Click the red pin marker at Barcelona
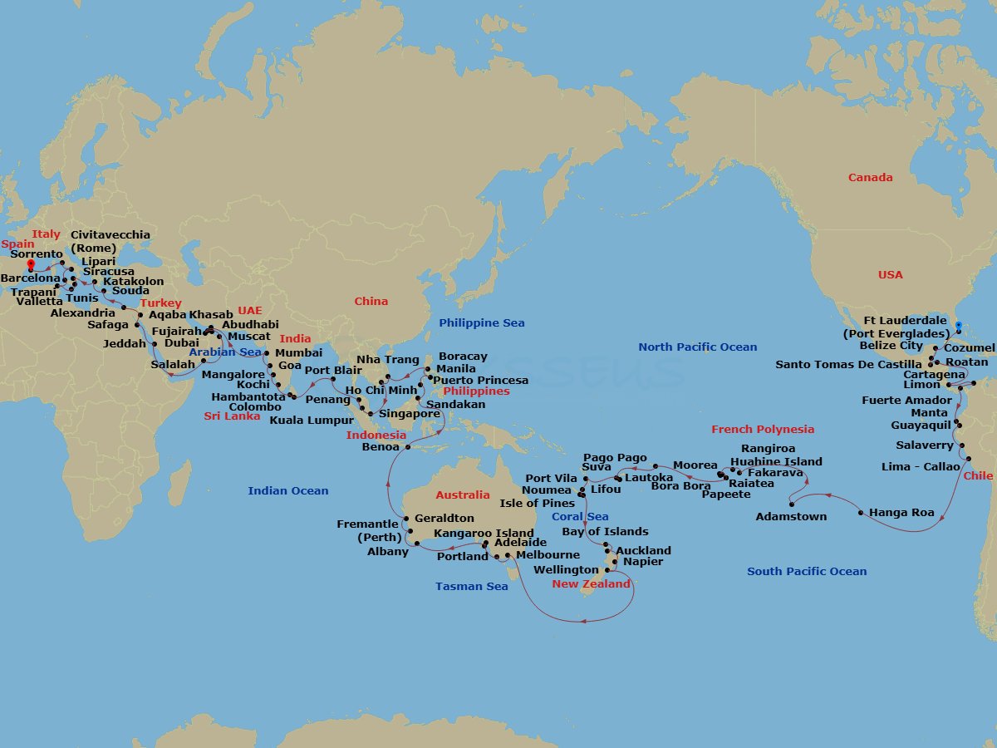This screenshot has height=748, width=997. pyautogui.click(x=31, y=265)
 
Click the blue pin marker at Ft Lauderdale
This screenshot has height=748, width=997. pyautogui.click(x=958, y=327)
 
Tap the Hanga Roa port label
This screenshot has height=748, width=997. pyautogui.click(x=901, y=513)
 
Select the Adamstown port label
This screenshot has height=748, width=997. pyautogui.click(x=791, y=516)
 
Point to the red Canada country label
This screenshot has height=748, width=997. pyautogui.click(x=870, y=177)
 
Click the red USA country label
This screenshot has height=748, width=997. pyautogui.click(x=890, y=274)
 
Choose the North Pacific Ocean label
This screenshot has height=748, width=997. pyautogui.click(x=697, y=347)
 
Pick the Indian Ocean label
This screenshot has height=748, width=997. pyautogui.click(x=287, y=490)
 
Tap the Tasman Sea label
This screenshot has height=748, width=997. pyautogui.click(x=471, y=586)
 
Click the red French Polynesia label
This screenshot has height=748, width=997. pyautogui.click(x=762, y=429)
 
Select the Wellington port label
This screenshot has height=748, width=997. pyautogui.click(x=565, y=570)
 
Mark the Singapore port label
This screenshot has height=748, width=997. pyautogui.click(x=409, y=413)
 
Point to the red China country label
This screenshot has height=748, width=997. pyautogui.click(x=371, y=301)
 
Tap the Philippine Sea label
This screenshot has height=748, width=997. pyautogui.click(x=481, y=322)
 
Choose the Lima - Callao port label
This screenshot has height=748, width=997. pyautogui.click(x=921, y=466)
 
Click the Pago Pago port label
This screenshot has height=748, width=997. pyautogui.click(x=614, y=457)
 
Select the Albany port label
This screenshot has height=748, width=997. pyautogui.click(x=387, y=551)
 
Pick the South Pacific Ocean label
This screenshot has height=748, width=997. pyautogui.click(x=806, y=571)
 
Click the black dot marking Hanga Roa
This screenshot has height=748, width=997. pyautogui.click(x=860, y=513)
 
